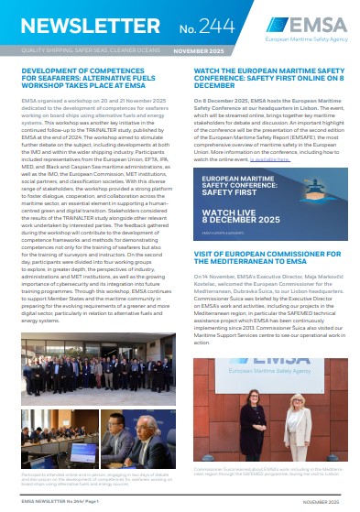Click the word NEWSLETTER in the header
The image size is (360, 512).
(74, 25)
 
